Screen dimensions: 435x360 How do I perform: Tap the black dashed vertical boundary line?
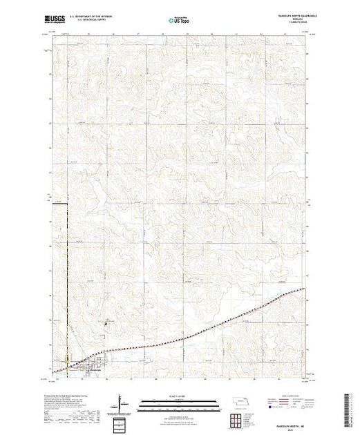click(x=68, y=276)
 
